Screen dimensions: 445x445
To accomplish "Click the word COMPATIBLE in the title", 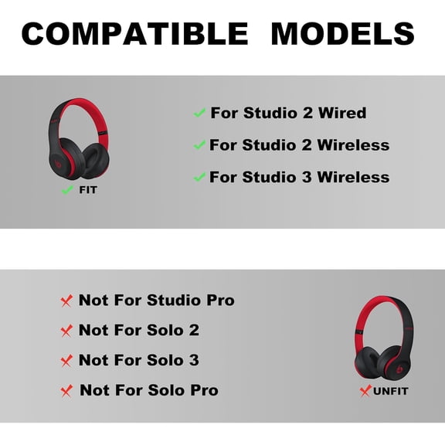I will click(135, 33).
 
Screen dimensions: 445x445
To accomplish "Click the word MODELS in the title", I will click(342, 33).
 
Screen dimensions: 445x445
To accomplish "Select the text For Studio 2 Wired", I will click(289, 113).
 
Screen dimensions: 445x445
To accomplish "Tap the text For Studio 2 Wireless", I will click(300, 144).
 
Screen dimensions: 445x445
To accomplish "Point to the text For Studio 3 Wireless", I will click(300, 176).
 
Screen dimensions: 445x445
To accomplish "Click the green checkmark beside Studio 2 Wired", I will click(199, 113).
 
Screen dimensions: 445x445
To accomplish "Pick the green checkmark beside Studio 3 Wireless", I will click(199, 176).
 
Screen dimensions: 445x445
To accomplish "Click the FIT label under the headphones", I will click(88, 189).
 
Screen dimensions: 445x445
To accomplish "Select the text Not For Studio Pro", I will click(156, 300).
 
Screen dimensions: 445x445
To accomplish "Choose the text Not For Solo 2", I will click(139, 330).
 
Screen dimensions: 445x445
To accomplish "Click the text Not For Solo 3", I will click(139, 360).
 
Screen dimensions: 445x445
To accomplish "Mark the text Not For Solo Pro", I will click(148, 390).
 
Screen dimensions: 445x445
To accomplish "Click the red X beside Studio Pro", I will click(66, 300).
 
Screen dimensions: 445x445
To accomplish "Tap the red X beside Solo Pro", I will click(66, 391).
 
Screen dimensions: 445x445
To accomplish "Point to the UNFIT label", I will click(390, 391).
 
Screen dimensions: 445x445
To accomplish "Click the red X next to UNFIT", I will click(365, 391).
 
